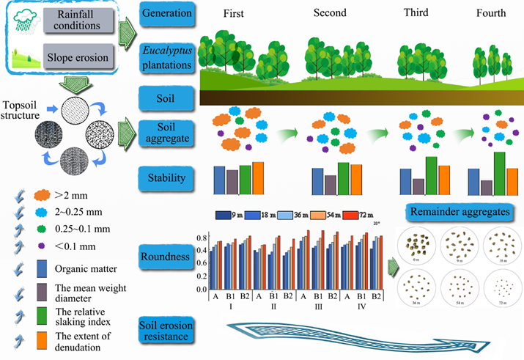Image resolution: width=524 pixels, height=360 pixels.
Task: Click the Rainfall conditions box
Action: [78, 19]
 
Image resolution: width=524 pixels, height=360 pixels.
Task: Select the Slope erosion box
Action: [78, 57]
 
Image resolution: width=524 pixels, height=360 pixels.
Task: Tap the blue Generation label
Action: [166, 13]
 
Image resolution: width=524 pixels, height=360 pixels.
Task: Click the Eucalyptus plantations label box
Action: [166, 56]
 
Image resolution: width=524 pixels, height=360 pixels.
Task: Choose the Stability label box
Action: [166, 177]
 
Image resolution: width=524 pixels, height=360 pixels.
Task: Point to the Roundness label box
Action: [166, 257]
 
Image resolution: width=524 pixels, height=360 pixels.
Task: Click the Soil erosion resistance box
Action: [166, 331]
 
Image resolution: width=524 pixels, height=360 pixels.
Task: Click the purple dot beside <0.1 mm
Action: [42, 246]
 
